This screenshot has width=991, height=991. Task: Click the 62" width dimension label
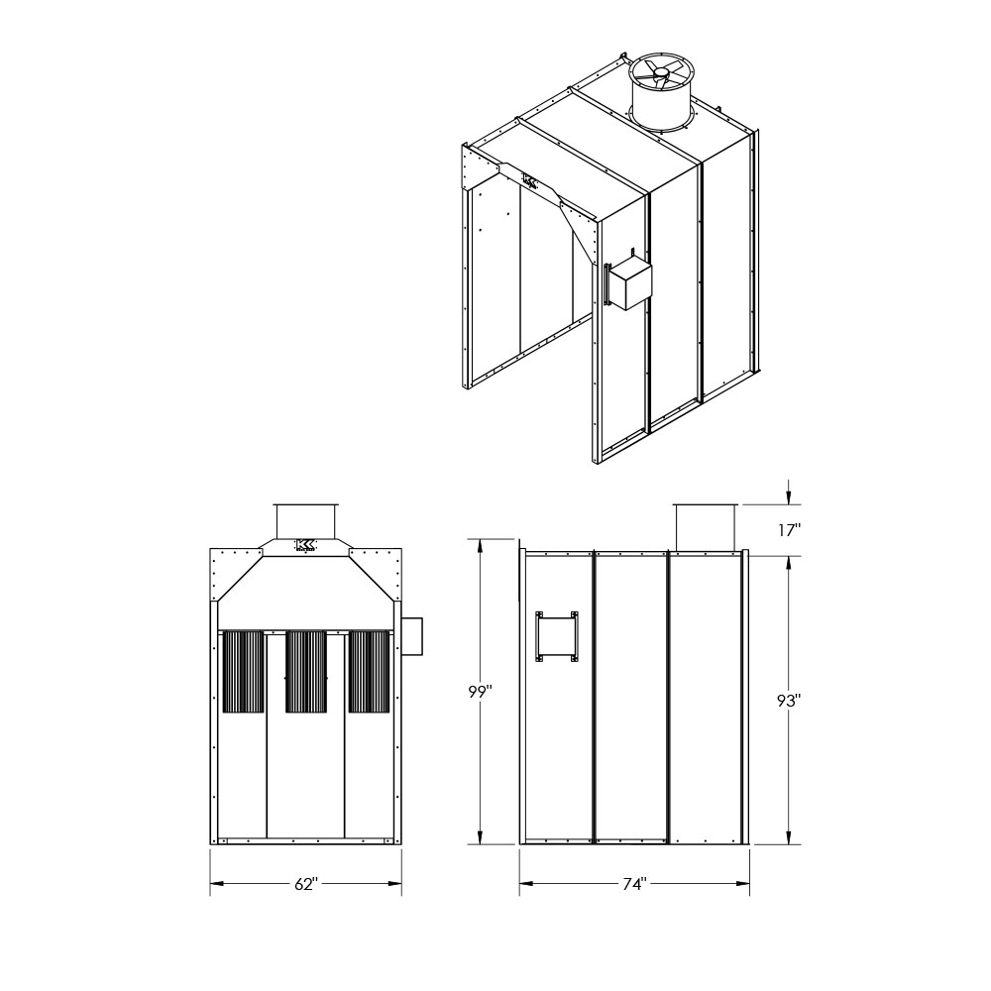(304, 884)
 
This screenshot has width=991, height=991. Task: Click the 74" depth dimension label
(634, 884)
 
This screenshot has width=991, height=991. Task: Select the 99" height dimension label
(481, 692)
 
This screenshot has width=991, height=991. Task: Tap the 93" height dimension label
(789, 700)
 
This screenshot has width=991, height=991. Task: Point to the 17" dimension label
(790, 529)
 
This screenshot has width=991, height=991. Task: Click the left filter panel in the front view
(244, 671)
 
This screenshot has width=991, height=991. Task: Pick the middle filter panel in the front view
(306, 671)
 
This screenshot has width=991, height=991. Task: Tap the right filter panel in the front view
(369, 671)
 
